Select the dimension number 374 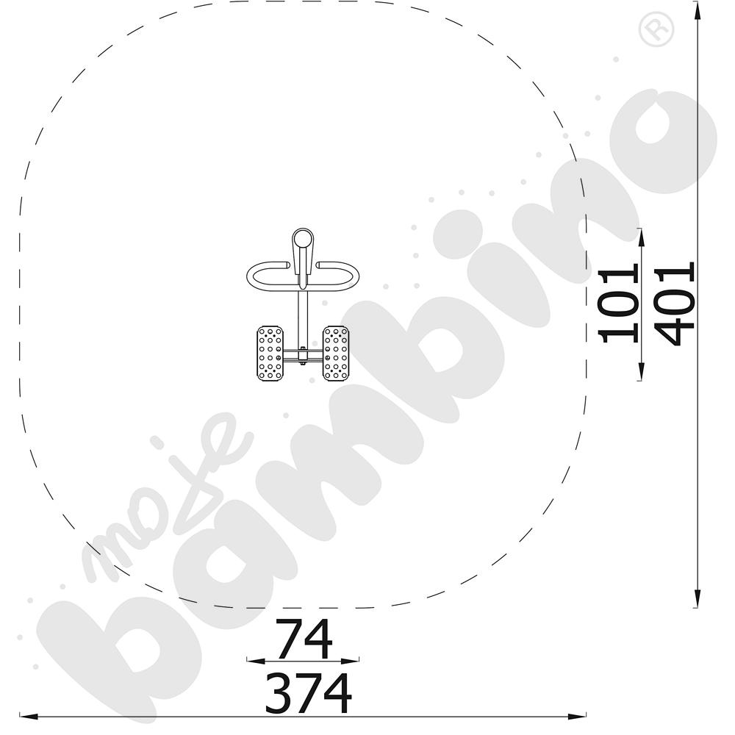point(308,693)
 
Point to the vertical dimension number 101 point(619,303)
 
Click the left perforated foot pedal point(270,354)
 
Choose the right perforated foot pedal point(336,354)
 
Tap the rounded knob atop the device point(302,239)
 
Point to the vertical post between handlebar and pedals point(302,319)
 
